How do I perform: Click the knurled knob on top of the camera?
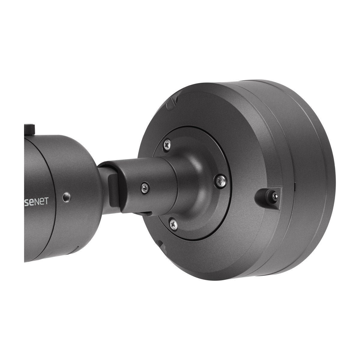pos(30,128)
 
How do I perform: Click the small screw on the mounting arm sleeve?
pos(145,187)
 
